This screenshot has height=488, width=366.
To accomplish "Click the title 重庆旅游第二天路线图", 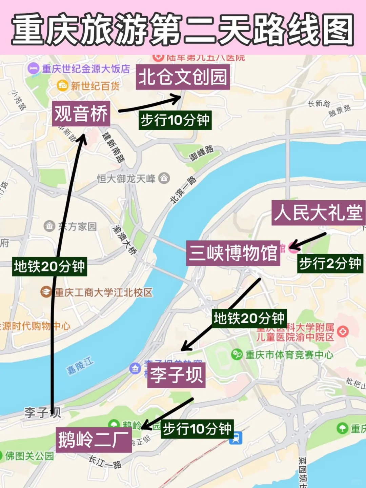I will (183, 29).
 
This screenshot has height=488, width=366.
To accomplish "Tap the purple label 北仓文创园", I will (183, 77).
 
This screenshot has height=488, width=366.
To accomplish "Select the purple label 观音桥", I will (81, 114).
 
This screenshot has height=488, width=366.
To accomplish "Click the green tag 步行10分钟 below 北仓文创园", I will (175, 120).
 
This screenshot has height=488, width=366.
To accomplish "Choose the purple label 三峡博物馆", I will (233, 253).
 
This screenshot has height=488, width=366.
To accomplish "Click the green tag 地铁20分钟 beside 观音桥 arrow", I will (49, 266).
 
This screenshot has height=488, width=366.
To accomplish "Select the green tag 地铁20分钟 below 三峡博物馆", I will (249, 318).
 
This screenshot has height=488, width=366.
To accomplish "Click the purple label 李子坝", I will (176, 375).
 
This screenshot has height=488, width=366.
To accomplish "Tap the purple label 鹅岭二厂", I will (94, 440).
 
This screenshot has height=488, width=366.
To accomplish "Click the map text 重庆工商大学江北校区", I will (103, 292).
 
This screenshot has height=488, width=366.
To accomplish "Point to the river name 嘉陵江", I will (80, 366).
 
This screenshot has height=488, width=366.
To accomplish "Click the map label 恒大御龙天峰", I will (126, 178).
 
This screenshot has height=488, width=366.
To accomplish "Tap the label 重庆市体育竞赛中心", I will (289, 355).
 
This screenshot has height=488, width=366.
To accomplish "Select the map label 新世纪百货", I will (95, 86).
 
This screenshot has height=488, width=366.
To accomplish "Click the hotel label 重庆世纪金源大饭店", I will (86, 69).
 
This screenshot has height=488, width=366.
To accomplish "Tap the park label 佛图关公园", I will (29, 456).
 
